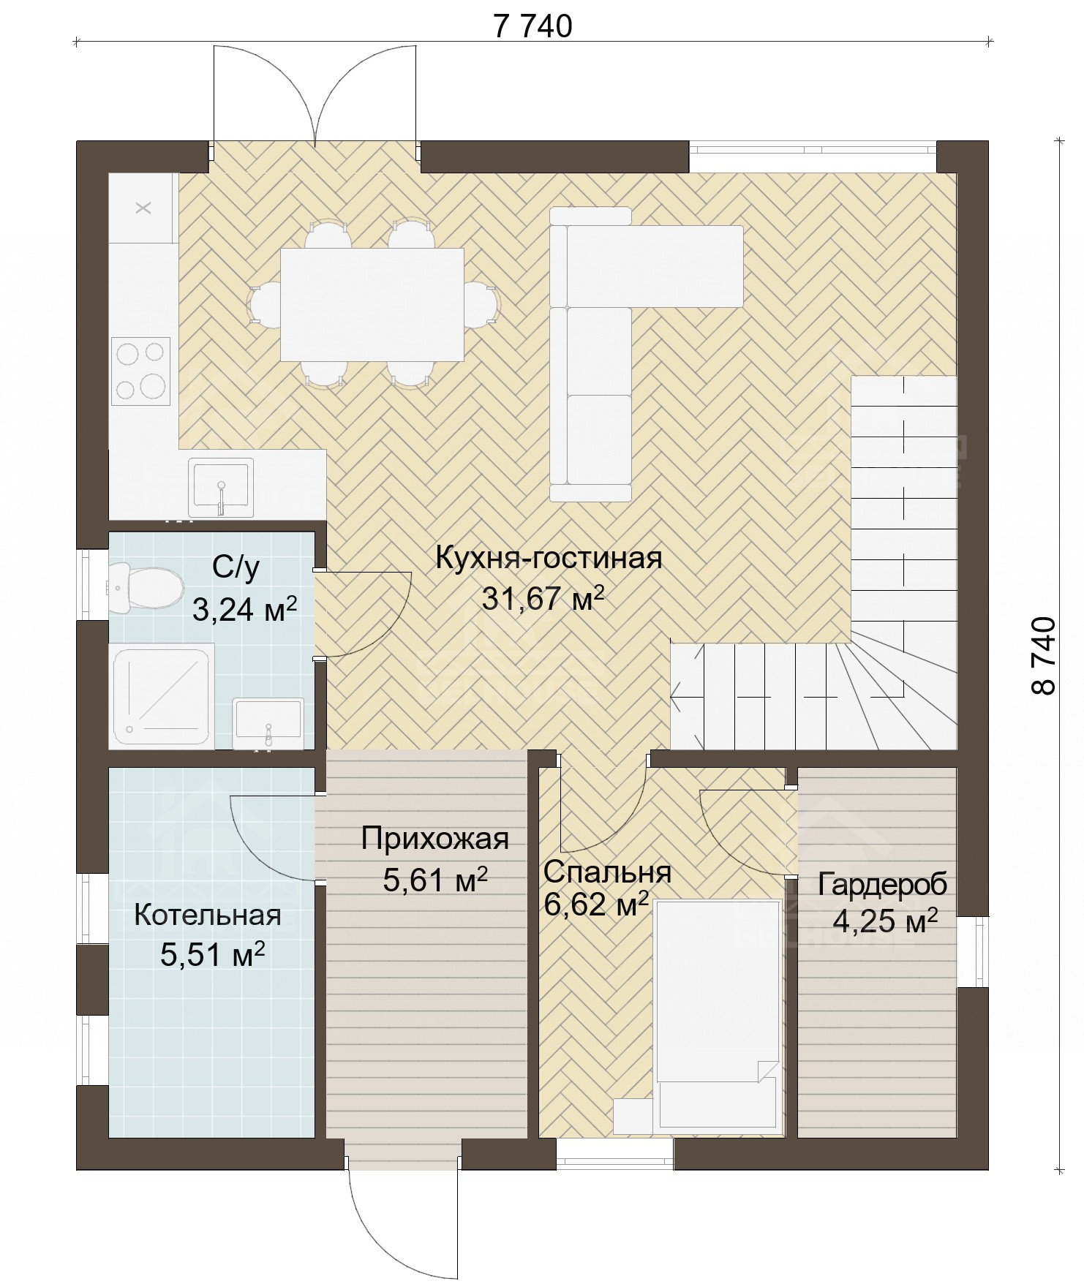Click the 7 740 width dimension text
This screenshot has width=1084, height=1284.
[x=532, y=26]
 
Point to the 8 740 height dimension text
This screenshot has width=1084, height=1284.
[x=1045, y=655]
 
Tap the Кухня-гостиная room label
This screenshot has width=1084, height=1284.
[x=549, y=558]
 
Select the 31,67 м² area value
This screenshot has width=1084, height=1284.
[x=543, y=598]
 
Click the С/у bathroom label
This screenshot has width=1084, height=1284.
[x=236, y=567]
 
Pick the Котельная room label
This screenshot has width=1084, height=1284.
[x=208, y=915]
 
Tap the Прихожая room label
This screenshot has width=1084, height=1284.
[x=435, y=839]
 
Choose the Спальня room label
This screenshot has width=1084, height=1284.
[x=607, y=872]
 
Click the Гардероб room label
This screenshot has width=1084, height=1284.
[x=882, y=884]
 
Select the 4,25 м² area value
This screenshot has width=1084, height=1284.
[x=885, y=922]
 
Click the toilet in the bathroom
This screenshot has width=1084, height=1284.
[x=145, y=587]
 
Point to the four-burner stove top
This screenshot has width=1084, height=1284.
[x=140, y=371]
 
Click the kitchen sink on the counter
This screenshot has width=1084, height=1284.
[x=221, y=488]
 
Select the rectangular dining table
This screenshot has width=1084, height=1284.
[x=372, y=304]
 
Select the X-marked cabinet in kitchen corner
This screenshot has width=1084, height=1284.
[x=143, y=208]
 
